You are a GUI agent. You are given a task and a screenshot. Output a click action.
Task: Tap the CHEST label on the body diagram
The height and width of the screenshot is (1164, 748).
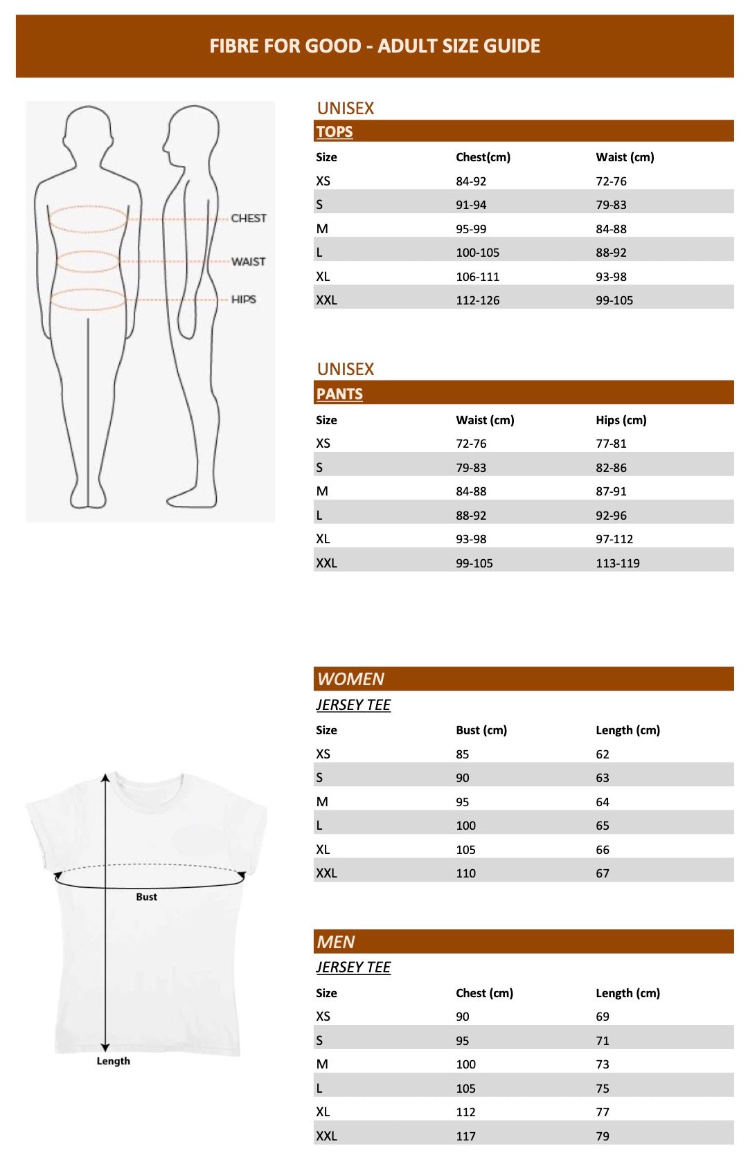tap(249, 218)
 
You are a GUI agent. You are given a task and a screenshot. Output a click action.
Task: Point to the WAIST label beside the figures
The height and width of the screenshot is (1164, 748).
tap(248, 262)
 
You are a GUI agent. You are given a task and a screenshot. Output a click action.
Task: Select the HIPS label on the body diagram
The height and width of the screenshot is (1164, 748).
tap(244, 300)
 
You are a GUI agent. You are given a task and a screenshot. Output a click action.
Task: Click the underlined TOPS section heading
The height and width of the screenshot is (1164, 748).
tap(335, 131)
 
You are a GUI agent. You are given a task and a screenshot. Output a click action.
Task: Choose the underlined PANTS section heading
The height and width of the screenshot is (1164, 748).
tap(339, 394)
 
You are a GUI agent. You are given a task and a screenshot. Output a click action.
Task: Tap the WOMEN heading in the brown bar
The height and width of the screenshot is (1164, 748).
tap(350, 679)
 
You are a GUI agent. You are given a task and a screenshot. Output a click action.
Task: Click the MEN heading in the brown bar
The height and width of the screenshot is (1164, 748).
tap(336, 942)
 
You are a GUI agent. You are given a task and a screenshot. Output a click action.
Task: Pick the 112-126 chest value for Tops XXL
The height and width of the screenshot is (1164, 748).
tap(477, 300)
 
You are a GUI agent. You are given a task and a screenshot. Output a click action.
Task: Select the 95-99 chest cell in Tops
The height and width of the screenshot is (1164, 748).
tap(471, 229)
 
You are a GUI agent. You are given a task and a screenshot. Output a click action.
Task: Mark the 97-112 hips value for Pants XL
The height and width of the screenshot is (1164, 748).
tap(614, 539)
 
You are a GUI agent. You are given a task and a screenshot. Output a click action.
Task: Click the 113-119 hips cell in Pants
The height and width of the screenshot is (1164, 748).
tap(618, 563)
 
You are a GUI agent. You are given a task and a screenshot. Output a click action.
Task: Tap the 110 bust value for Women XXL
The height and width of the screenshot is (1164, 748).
tap(465, 873)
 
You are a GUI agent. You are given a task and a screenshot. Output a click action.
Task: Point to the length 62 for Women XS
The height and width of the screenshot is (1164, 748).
tap(603, 754)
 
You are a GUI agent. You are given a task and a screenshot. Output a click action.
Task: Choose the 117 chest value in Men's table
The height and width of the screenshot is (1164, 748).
tap(465, 1136)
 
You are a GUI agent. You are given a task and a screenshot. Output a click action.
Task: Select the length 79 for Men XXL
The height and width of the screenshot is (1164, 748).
tap(603, 1136)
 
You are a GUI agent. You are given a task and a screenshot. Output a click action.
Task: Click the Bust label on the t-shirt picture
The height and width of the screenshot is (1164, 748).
tap(146, 897)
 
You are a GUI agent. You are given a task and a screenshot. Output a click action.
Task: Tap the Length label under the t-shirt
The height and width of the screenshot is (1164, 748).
tap(113, 1061)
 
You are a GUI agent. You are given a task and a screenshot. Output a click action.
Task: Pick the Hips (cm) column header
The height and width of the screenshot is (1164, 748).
tap(621, 420)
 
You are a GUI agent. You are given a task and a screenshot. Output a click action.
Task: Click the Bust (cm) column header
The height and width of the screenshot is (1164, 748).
tap(481, 730)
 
